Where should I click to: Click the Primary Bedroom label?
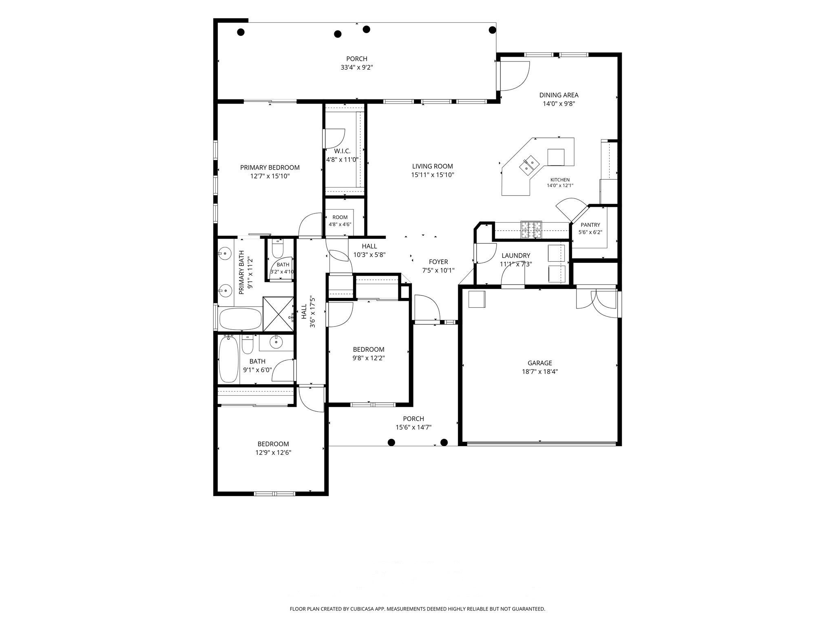click(269, 168)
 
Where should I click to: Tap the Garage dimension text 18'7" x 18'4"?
click(540, 372)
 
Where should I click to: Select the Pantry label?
click(590, 225)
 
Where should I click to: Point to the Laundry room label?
click(516, 256)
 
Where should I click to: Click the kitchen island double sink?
click(530, 164)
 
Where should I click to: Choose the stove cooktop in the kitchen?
click(531, 230)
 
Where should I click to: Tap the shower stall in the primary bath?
click(278, 314)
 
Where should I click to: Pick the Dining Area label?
click(559, 95)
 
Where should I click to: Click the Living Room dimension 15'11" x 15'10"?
click(433, 175)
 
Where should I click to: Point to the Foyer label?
click(438, 262)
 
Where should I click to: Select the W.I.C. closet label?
click(342, 151)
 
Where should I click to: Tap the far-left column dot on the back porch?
click(241, 32)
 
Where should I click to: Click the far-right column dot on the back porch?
click(493, 29)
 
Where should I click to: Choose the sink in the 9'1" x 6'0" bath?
click(276, 342)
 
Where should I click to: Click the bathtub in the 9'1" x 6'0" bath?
click(229, 359)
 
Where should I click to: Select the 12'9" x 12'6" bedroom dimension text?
click(273, 452)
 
